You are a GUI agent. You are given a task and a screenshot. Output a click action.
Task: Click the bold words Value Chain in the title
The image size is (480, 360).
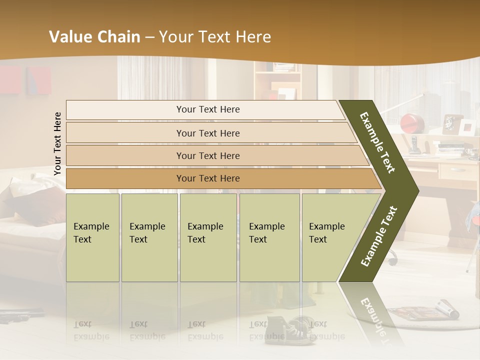coord(94,37)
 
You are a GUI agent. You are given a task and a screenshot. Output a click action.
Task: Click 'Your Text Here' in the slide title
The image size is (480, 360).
coord(215,37)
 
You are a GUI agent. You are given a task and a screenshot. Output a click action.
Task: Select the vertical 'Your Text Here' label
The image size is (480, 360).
coord(57,143)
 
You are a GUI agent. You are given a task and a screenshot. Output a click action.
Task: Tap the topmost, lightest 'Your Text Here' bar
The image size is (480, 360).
coord(207,109)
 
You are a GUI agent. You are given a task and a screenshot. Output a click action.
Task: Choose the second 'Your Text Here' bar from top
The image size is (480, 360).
coord(207,133)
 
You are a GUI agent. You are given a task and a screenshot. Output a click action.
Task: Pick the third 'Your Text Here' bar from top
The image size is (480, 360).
coord(207,155)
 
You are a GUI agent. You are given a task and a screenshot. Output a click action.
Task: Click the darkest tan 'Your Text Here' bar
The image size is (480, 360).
coord(207,178)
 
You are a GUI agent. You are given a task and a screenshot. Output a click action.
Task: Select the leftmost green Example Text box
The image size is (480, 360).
coord(92,237)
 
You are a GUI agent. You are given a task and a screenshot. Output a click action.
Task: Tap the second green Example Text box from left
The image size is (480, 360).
coord(149,237)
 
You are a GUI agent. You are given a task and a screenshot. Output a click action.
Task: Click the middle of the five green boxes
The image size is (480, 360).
coord(208,237)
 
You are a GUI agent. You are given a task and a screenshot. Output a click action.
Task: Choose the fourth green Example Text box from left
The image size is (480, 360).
coord(269,237)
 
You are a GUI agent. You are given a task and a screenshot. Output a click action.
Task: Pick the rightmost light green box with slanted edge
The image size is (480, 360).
coord(330,237)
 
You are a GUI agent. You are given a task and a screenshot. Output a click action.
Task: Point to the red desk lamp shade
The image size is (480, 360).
coord(412,122)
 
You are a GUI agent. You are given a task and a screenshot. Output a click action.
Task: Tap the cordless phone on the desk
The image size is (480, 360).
coord(414,143)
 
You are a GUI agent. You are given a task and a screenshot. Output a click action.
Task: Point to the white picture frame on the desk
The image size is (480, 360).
coord(467,127)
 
